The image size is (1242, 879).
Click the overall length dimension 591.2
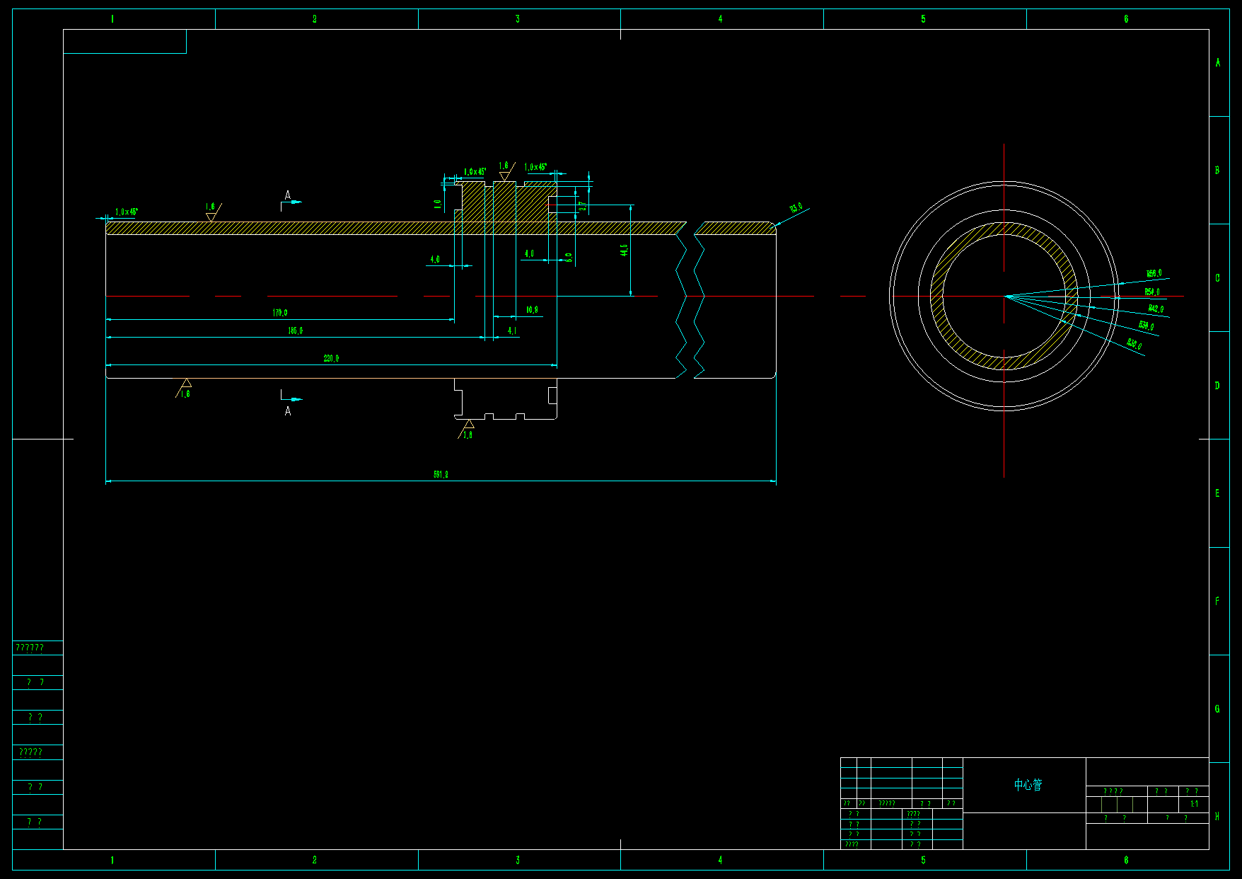[x=441, y=474]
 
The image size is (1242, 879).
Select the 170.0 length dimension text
[x=280, y=312]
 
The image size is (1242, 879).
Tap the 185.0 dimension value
[x=295, y=331]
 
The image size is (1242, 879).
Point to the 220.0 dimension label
[x=331, y=358]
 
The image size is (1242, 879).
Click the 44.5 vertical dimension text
[x=624, y=250]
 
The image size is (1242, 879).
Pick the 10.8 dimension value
[x=532, y=309]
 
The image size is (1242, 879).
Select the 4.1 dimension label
[x=512, y=331]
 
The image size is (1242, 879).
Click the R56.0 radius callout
[x=1154, y=273]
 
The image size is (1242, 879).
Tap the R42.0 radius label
[x=1156, y=309]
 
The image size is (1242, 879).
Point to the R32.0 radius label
[x=1134, y=345]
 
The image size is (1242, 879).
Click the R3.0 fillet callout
[x=796, y=208]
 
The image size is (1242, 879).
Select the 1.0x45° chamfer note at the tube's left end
[x=127, y=212]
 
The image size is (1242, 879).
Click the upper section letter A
[x=287, y=195]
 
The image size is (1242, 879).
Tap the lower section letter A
[x=288, y=411]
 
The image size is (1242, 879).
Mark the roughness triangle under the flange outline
[x=468, y=425]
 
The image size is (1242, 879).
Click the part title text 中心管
[x=1028, y=785]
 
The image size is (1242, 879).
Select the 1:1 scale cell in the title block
[x=1194, y=804]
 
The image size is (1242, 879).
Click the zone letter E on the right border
[x=1217, y=493]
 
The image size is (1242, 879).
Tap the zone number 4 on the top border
[x=720, y=19]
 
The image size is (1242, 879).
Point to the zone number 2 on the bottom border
[x=315, y=860]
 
